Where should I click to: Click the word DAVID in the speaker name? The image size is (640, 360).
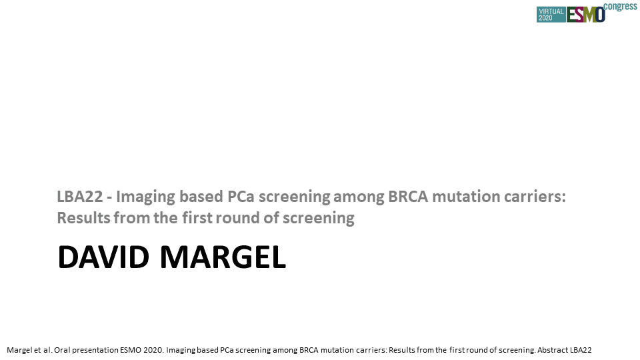pos(103,257)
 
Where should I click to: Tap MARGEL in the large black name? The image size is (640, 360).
pos(223,257)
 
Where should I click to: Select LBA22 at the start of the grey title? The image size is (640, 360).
pos(80,197)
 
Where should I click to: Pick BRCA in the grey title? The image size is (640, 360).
pos(408,197)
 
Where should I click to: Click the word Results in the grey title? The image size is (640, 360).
pos(83,218)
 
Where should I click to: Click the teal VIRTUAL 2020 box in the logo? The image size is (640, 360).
pos(551,15)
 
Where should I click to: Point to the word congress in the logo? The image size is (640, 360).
pos(620,7)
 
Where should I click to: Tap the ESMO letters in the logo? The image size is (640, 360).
pos(585,15)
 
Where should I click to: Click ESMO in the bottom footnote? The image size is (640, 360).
pos(130,350)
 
